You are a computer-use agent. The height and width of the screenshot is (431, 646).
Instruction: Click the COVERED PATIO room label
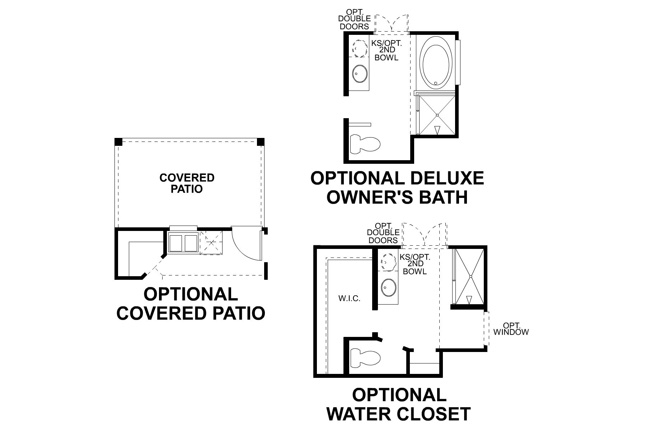(x=187, y=183)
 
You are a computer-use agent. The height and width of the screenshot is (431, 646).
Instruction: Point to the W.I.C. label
(x=349, y=298)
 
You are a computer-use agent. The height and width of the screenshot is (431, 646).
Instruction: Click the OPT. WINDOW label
(x=511, y=329)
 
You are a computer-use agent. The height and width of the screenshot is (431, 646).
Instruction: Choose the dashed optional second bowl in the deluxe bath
(x=359, y=48)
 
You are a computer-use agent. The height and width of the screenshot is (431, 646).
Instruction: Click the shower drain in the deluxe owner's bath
(x=437, y=115)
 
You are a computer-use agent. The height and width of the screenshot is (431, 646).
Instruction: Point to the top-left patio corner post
(x=118, y=142)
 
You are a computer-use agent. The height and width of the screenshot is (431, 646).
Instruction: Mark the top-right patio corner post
(x=261, y=142)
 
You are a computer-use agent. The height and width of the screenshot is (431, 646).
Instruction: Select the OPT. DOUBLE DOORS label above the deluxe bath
(x=354, y=19)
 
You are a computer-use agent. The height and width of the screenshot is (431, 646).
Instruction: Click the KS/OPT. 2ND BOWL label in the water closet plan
(x=415, y=264)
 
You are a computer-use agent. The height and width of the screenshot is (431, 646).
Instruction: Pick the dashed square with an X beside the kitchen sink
(x=211, y=242)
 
